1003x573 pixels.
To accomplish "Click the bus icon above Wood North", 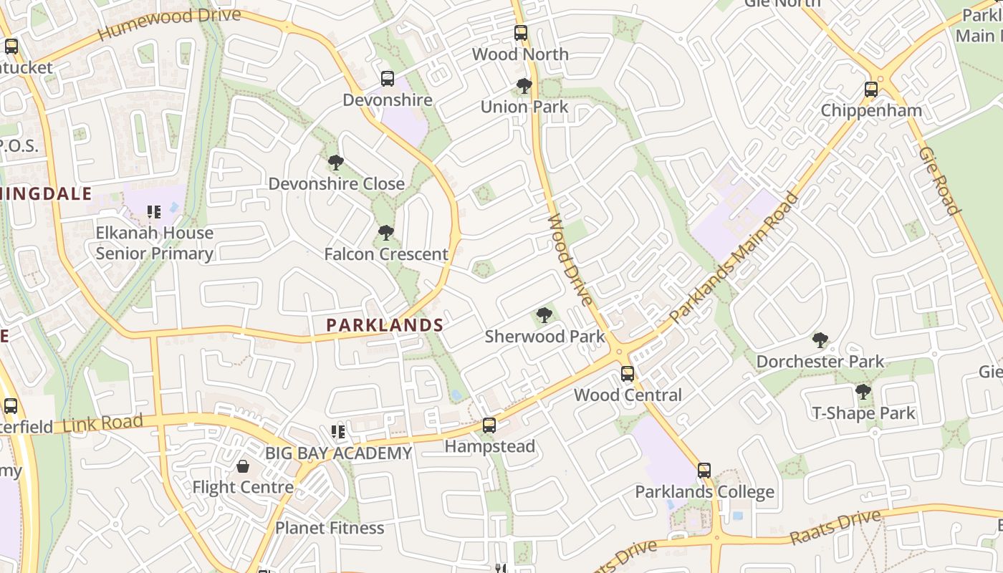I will coord(521,33).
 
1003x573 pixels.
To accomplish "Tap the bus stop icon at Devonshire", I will coord(388,79).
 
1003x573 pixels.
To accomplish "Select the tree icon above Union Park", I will coord(524,87).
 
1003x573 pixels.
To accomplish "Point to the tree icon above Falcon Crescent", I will coord(386,233).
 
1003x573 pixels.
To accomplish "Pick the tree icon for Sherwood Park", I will coord(544,315).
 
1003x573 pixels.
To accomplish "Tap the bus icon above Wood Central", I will coord(628,374).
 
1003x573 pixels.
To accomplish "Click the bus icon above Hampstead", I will coord(489,425).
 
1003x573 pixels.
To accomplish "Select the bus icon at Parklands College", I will coord(704,471).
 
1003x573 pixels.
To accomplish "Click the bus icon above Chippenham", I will coord(871,90).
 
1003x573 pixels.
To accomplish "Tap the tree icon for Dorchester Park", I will coord(820,340).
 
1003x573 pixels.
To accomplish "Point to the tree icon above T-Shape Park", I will coord(863,392).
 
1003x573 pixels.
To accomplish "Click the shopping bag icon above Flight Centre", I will coord(243,466).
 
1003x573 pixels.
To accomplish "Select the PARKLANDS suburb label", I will coord(385,325).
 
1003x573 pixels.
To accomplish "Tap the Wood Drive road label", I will coord(570,259).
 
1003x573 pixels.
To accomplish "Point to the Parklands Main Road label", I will coord(734,257).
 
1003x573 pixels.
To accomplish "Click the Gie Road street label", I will coord(939,180).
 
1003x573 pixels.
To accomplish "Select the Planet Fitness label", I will coord(330,528).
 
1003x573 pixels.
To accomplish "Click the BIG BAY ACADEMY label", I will coord(338,453).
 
